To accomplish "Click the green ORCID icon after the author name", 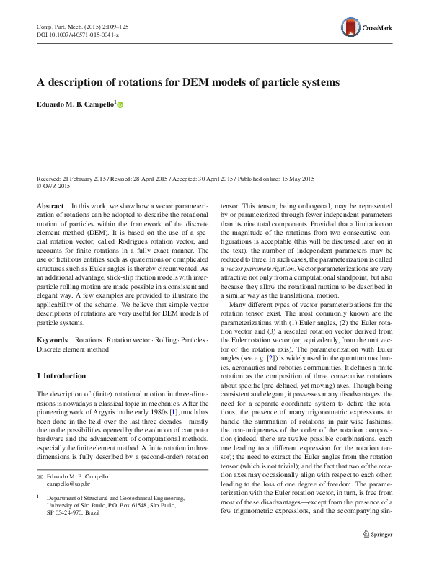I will (120, 106).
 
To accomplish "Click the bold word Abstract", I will (49, 206).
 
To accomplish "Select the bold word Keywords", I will (52, 339).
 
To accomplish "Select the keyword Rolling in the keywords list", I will (164, 339).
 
